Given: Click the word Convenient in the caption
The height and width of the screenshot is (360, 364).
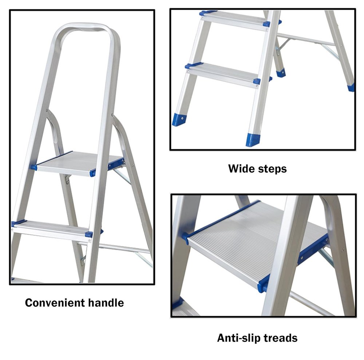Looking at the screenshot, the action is tap(55, 303).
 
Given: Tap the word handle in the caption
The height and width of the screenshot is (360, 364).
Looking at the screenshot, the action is tap(106, 303).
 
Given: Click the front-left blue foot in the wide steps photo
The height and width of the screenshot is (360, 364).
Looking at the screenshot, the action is tap(179, 119).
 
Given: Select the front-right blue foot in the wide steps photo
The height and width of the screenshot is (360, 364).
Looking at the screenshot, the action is tap(253, 140).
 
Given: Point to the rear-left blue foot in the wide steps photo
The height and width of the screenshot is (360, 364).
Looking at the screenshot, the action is tap(281, 73).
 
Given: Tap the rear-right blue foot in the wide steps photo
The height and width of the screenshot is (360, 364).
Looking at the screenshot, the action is tap(351, 88).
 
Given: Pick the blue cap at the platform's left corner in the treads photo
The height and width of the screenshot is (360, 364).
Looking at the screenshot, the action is tap(185, 238).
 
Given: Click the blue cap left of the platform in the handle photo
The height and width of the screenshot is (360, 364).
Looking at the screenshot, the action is tap(34, 167).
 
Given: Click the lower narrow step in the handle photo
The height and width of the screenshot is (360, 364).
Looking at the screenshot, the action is tap(52, 230).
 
